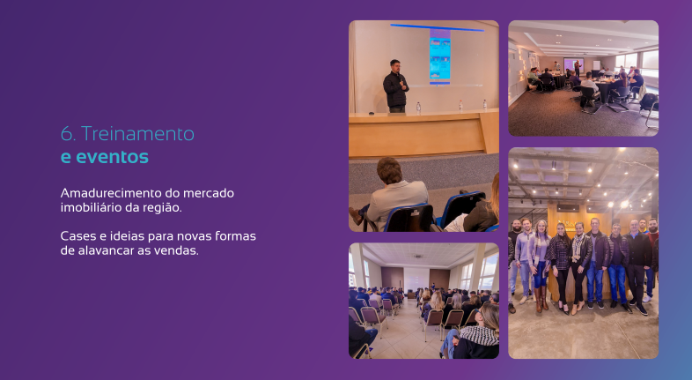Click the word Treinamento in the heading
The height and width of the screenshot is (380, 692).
[137, 133]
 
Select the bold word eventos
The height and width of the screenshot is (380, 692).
[112, 157]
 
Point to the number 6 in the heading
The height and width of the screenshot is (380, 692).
[68, 134]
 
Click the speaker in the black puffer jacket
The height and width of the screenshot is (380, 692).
[395, 86]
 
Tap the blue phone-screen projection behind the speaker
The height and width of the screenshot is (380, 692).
[440, 56]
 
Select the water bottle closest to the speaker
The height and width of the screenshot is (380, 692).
[418, 108]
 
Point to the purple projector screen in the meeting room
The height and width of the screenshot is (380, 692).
[573, 64]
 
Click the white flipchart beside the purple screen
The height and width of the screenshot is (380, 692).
[597, 65]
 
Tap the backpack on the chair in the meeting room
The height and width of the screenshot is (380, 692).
[648, 102]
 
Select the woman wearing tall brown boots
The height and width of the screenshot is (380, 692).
[539, 265]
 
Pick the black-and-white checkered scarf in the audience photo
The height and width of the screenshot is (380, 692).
[480, 335]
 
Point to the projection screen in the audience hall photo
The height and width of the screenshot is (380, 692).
[416, 279]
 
